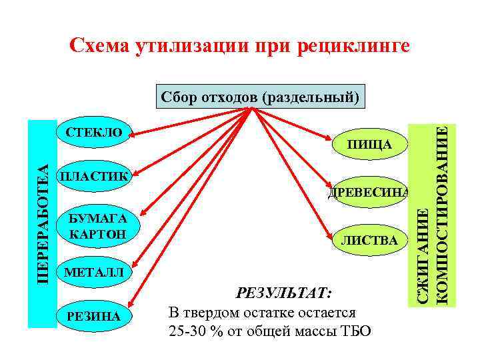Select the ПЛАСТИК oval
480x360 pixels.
95,177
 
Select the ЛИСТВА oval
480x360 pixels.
371,239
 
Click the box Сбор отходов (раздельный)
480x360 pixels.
261,97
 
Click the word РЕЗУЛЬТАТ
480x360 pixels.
284,293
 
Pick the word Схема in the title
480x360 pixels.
100,47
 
